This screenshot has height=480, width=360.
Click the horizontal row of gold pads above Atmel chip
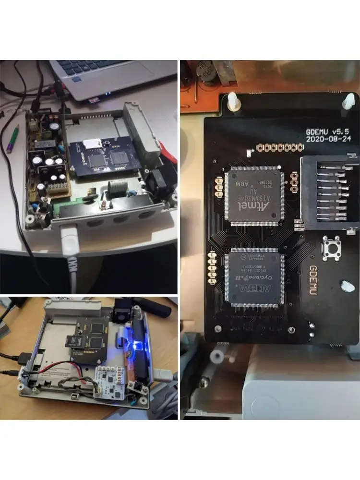pyautogui.click(x=274, y=147)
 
